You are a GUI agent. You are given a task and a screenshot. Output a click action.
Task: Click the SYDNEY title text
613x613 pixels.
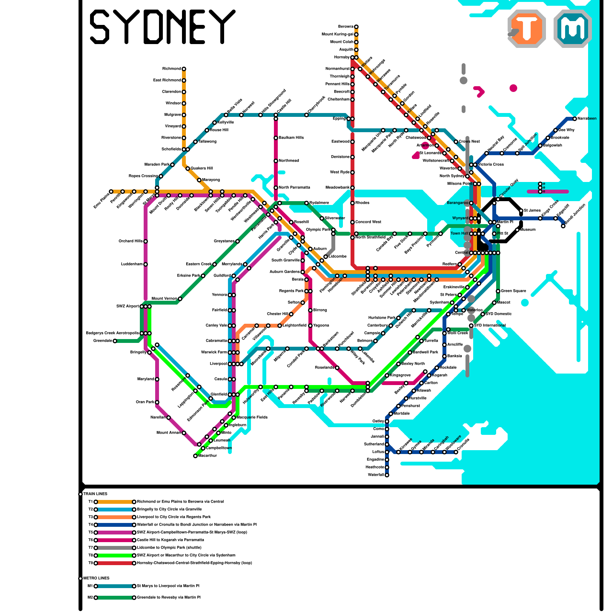(162, 27)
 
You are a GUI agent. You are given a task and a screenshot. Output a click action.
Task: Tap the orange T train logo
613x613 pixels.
(527, 28)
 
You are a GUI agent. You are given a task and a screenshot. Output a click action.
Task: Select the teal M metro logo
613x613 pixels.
(573, 28)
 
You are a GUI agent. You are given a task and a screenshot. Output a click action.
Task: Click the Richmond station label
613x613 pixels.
(171, 69)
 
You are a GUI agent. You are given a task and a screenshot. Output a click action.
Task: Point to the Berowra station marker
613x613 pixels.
(356, 27)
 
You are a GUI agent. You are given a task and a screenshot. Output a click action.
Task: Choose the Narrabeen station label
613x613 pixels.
(587, 119)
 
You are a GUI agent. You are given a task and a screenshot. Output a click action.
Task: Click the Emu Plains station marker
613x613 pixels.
(111, 192)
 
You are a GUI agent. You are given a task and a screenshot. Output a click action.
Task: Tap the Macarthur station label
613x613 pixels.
(208, 456)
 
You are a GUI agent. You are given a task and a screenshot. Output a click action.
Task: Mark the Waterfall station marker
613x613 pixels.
(387, 475)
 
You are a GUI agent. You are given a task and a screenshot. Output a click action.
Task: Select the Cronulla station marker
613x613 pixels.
(456, 452)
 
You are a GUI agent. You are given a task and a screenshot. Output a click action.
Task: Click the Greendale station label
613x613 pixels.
(103, 341)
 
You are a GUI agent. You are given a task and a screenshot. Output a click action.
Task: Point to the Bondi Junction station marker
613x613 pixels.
(563, 226)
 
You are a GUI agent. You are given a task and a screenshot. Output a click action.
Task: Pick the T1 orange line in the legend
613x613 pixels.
(115, 502)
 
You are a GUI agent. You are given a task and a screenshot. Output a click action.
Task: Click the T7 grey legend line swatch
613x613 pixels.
(115, 548)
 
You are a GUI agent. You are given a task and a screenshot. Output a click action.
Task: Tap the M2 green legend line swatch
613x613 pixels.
(115, 598)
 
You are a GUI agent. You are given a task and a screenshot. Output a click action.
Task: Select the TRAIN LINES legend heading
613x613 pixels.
(95, 494)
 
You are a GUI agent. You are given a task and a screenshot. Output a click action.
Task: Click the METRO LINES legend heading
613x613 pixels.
(96, 579)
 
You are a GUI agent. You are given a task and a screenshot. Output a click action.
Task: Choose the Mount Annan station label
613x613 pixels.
(169, 433)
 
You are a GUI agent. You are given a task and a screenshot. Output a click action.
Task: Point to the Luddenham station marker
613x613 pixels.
(146, 264)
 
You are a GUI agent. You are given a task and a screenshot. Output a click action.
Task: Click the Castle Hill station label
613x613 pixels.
(284, 106)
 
